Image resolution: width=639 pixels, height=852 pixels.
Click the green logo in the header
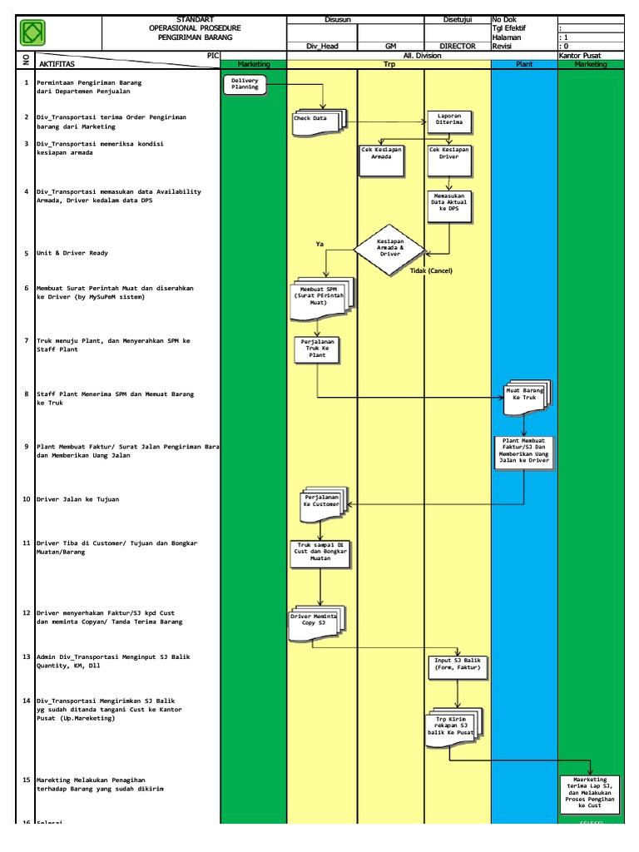click(32, 33)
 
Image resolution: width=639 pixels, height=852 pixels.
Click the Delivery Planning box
click(245, 83)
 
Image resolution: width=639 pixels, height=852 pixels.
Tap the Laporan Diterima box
click(450, 121)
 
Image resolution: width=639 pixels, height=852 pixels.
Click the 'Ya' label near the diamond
click(319, 244)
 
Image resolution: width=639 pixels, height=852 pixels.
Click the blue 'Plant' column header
click(524, 63)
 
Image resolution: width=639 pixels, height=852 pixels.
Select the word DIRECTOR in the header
click(458, 47)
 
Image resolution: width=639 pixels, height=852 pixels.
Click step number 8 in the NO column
click(27, 394)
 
